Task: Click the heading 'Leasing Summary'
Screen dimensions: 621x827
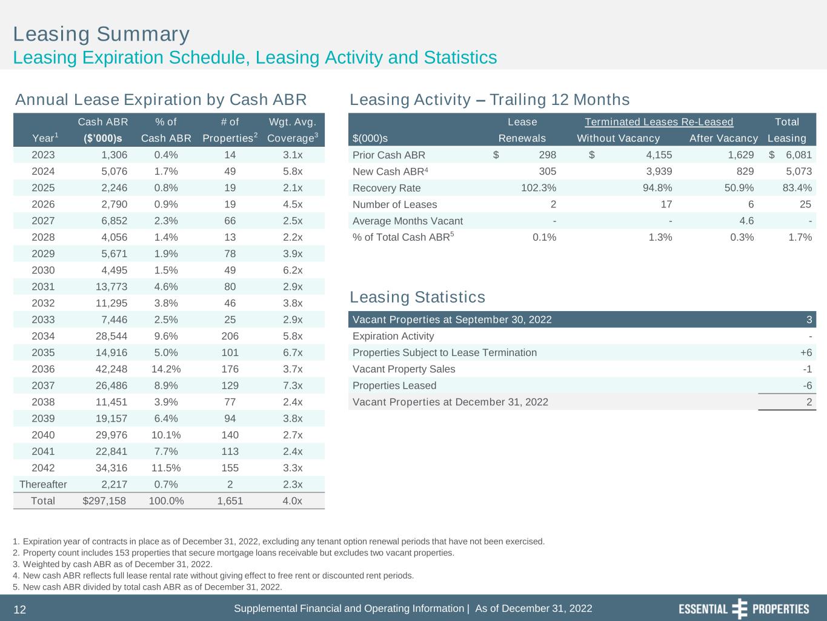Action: (101, 34)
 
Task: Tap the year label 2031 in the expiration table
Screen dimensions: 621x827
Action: (43, 287)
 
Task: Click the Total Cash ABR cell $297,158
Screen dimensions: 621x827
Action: (104, 500)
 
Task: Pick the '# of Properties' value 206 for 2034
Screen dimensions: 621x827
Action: (230, 336)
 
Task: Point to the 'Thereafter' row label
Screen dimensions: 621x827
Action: (43, 484)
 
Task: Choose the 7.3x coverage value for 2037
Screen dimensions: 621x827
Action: (293, 385)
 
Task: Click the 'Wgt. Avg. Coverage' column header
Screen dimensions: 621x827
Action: (293, 130)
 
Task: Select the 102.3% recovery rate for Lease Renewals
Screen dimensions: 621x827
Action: (539, 188)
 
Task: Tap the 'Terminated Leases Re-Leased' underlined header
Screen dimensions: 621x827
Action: (659, 122)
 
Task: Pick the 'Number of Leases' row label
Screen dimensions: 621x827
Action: (394, 204)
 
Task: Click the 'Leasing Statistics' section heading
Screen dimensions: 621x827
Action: (417, 297)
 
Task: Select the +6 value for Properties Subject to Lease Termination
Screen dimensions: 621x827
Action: (805, 352)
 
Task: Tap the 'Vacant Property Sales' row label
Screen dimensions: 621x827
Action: (404, 369)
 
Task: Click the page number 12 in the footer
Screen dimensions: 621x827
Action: (20, 609)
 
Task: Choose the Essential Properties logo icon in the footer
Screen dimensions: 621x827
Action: (740, 609)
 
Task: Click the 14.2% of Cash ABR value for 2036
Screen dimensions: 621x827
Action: (166, 369)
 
